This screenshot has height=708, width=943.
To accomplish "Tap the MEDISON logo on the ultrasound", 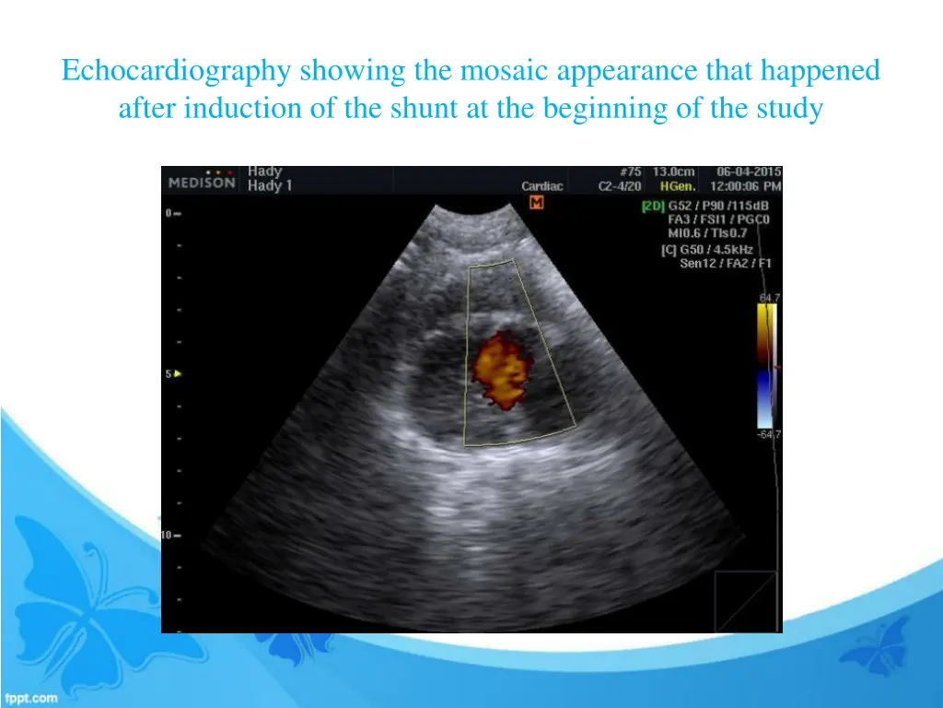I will click(x=202, y=183).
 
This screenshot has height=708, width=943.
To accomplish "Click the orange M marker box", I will click(x=536, y=202).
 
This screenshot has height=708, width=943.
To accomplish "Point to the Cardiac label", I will click(x=541, y=186).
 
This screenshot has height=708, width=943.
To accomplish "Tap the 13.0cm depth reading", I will click(x=674, y=171).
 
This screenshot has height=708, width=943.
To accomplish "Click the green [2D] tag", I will click(x=652, y=206).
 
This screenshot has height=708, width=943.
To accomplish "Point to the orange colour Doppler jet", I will click(x=500, y=370).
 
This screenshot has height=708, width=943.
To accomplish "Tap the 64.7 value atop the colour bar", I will click(x=769, y=297).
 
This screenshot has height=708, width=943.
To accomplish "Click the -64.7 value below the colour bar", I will click(x=769, y=434).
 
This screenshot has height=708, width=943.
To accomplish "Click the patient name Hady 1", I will click(x=270, y=186).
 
